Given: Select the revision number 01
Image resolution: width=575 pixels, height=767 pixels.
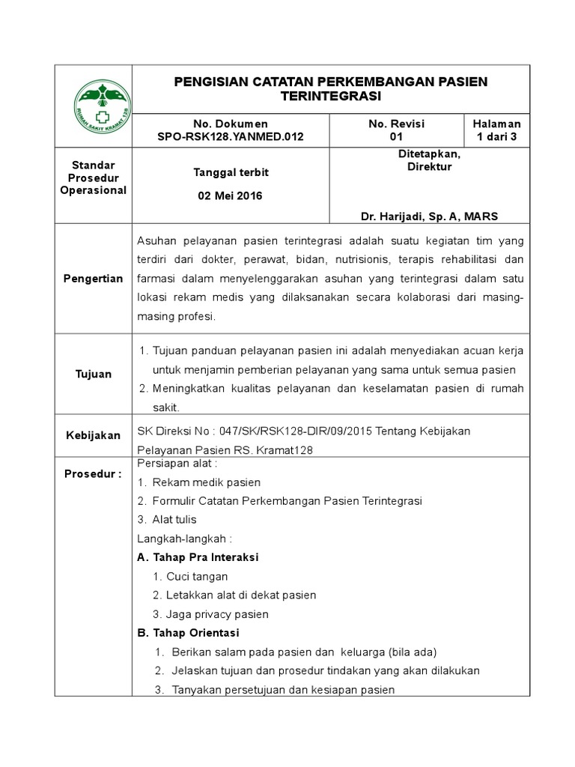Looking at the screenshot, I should point(396,137).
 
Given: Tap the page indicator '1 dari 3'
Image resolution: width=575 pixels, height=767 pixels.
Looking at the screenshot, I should point(496,137).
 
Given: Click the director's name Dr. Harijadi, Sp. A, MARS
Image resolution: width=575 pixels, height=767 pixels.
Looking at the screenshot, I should point(429,216).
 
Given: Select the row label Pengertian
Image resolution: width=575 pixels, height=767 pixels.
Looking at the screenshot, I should point(93,279).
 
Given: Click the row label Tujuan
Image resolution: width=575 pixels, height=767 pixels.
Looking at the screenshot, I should point(93,374).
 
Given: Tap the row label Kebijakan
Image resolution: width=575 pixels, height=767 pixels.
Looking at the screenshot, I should point(93,435).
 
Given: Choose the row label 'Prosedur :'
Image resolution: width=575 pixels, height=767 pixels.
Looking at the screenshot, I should point(93,474).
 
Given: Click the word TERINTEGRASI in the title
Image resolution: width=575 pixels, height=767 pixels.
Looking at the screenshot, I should point(330,97).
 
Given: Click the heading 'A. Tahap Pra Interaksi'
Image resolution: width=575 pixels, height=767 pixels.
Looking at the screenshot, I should point(198,557).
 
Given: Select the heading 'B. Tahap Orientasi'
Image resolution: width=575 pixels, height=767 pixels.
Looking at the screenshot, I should point(188,633).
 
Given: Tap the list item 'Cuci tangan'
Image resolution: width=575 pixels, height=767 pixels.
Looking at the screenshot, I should point(198,577).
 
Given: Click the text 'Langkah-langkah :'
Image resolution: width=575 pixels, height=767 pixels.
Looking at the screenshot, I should point(185,538).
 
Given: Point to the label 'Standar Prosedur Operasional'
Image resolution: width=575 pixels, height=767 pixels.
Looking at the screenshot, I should point(93,177).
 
